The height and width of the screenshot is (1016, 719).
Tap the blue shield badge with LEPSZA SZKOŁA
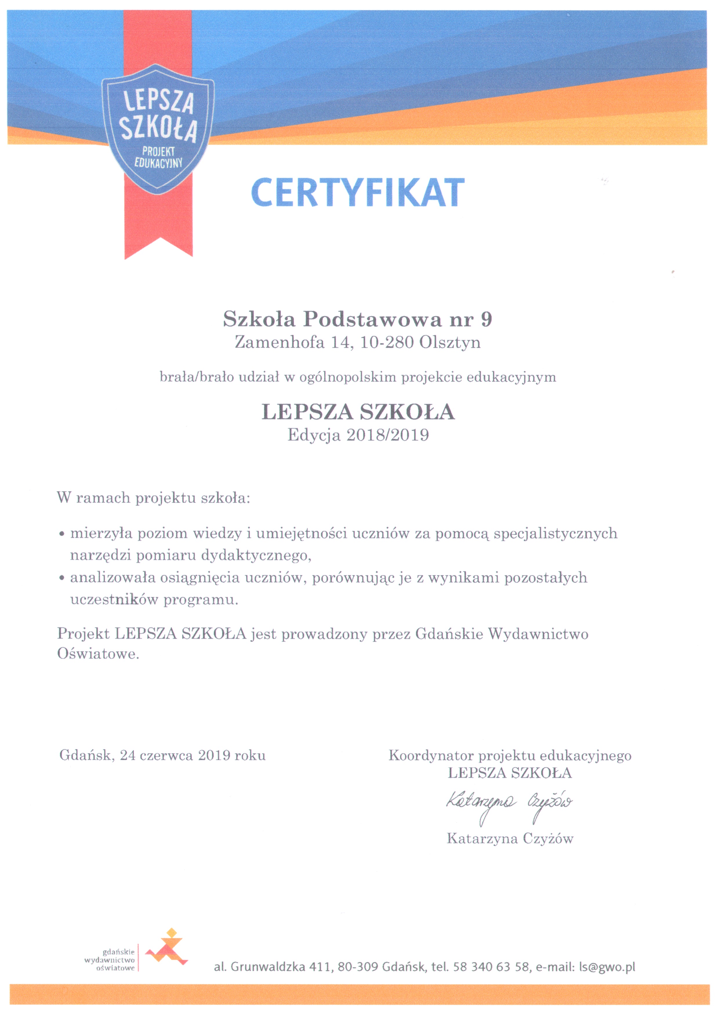pyautogui.click(x=158, y=128)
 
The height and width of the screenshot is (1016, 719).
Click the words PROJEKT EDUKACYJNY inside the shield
pyautogui.click(x=158, y=157)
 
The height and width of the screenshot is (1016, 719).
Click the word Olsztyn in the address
pyautogui.click(x=450, y=342)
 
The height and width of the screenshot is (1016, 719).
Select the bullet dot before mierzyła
pyautogui.click(x=62, y=535)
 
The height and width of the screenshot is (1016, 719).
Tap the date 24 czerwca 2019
pyautogui.click(x=175, y=755)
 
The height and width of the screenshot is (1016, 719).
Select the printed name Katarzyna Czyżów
pyautogui.click(x=510, y=838)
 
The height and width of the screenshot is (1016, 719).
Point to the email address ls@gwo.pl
pyautogui.click(x=607, y=967)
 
